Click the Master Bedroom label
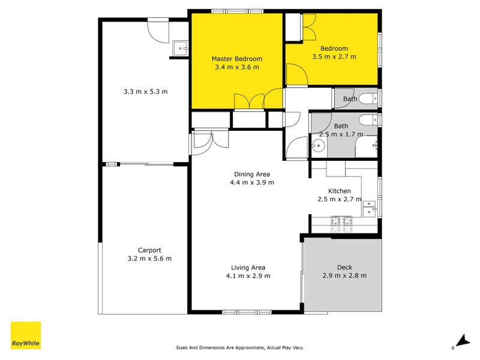(236, 59)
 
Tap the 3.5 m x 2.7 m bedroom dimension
(334, 57)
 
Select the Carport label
(149, 250)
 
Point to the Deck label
(344, 267)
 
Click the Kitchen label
(335, 191)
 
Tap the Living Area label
(248, 268)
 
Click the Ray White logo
(26, 335)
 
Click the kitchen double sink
(370, 208)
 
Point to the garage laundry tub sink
(179, 47)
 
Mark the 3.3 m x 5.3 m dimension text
(145, 92)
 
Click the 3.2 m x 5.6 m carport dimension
(149, 259)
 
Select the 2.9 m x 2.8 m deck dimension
(344, 275)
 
